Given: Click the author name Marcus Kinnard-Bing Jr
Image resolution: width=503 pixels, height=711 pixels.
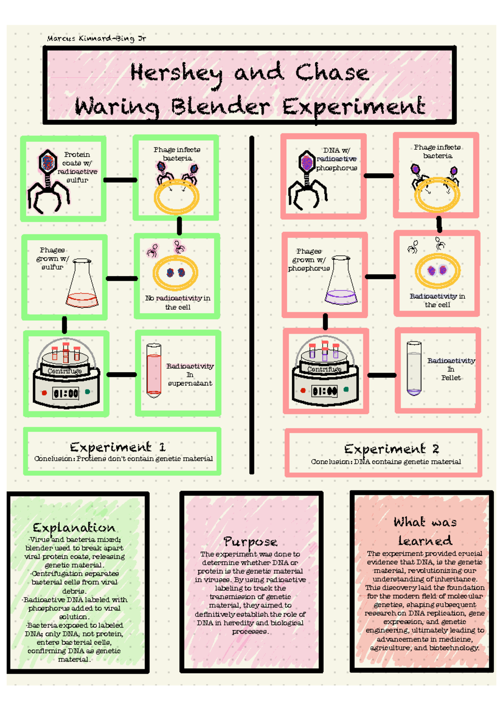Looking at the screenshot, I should (96, 39).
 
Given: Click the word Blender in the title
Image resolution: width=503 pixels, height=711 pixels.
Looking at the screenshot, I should (220, 107).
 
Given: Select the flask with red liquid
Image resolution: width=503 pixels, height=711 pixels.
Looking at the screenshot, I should (82, 283).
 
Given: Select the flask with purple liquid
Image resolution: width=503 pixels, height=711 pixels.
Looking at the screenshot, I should (341, 280).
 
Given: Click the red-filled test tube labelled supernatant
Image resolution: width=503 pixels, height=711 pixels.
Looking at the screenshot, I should (154, 371).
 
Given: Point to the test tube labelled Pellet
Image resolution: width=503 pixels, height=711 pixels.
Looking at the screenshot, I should (414, 369).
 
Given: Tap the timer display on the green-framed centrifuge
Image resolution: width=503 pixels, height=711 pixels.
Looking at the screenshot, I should (66, 393).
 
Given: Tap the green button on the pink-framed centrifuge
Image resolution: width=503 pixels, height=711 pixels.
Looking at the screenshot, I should (346, 389).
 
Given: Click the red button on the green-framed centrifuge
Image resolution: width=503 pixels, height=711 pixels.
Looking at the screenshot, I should (44, 393).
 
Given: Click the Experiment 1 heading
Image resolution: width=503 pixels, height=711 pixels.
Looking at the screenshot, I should (118, 447).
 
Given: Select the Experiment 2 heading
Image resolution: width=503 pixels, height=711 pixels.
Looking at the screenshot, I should (392, 449).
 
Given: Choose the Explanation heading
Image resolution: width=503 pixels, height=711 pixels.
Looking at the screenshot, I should (74, 528).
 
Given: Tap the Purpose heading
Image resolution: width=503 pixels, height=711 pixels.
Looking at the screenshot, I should (250, 542).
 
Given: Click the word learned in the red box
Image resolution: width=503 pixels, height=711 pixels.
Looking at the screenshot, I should (425, 540).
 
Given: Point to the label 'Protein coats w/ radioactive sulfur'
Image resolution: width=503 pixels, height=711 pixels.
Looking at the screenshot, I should (77, 167).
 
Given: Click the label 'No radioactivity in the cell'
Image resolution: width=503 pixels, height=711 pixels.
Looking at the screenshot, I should (178, 302).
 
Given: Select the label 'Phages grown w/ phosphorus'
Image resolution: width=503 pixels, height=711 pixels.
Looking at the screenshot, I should (309, 260).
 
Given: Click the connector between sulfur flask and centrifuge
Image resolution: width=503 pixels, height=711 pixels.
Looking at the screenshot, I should (65, 325).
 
